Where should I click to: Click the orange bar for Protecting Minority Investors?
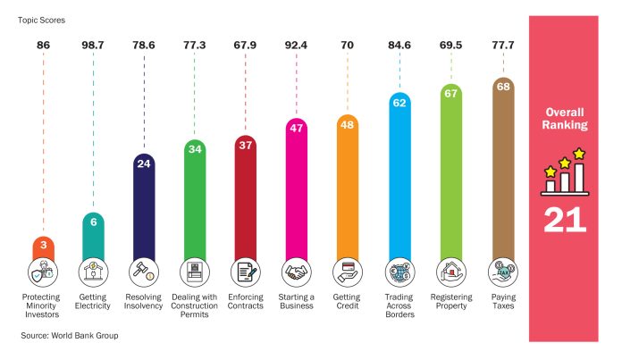pos(43,248)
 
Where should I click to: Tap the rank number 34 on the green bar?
pos(194,148)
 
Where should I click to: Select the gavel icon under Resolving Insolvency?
pos(144,270)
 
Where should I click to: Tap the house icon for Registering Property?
pos(450,270)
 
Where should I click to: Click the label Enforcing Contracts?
pos(246,301)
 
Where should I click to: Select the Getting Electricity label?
pos(93,301)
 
